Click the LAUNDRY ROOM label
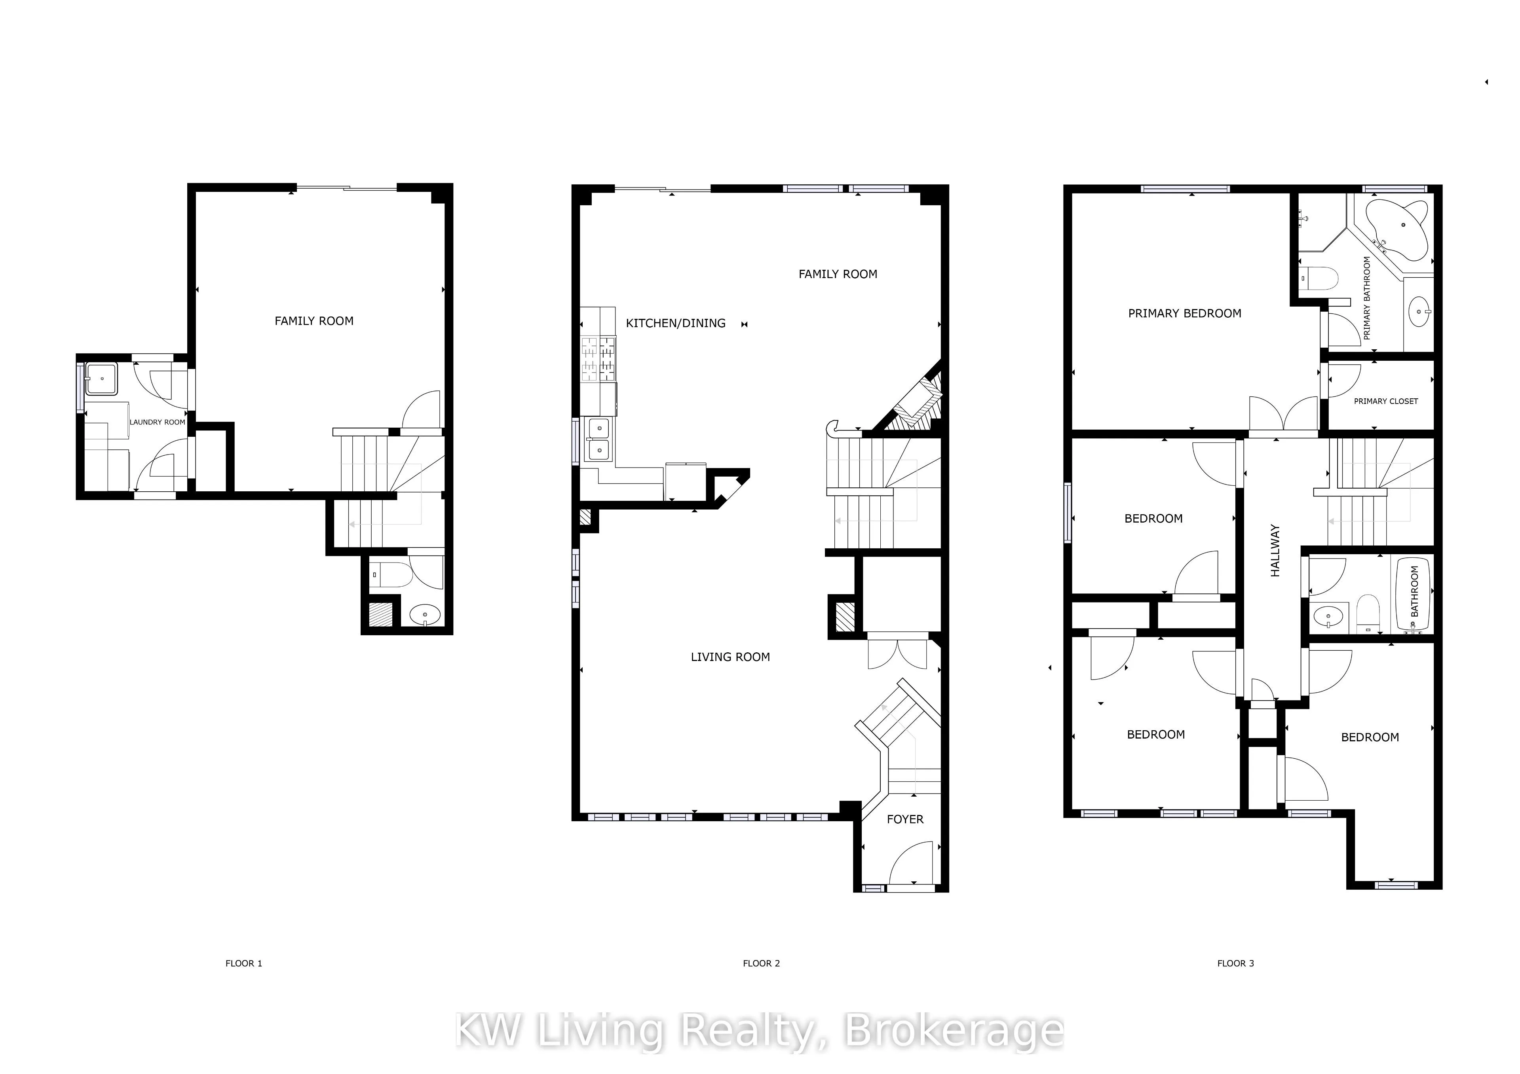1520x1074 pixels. [158, 422]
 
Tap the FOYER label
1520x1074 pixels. [905, 819]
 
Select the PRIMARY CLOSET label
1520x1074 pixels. [1385, 401]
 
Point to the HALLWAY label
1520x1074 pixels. [1275, 551]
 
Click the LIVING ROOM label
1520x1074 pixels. [730, 657]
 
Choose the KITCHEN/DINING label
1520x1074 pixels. [675, 323]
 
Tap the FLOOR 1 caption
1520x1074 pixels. [243, 964]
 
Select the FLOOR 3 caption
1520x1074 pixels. [1235, 964]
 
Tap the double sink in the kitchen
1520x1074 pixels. [599, 439]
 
